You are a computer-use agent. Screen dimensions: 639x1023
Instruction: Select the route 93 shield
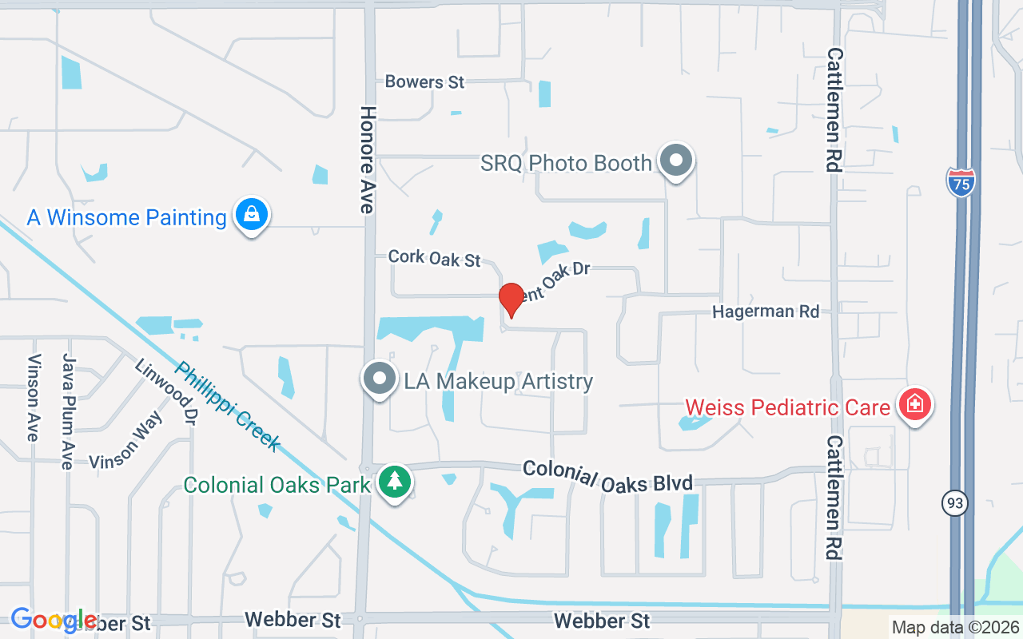(953, 503)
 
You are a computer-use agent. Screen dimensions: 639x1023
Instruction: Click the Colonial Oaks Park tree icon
(394, 482)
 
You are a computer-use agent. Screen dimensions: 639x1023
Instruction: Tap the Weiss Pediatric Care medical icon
(915, 404)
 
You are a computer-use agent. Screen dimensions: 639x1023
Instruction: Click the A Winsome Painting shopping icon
(252, 215)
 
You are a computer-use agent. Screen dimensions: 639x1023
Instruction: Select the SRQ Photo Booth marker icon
(676, 161)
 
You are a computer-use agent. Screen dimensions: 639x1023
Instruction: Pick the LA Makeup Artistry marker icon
(380, 379)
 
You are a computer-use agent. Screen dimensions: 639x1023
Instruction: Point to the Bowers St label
(424, 81)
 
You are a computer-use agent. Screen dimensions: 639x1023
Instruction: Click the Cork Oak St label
(435, 258)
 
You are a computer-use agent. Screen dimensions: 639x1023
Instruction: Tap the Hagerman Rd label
(766, 312)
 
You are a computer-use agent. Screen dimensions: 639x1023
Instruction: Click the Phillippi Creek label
(228, 407)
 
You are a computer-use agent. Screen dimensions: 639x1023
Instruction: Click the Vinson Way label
(125, 442)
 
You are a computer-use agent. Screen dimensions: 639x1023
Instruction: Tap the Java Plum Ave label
(68, 411)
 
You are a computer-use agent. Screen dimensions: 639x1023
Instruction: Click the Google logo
(53, 620)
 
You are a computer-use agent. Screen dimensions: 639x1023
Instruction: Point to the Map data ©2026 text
(955, 627)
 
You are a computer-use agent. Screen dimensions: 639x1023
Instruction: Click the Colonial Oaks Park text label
(277, 485)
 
